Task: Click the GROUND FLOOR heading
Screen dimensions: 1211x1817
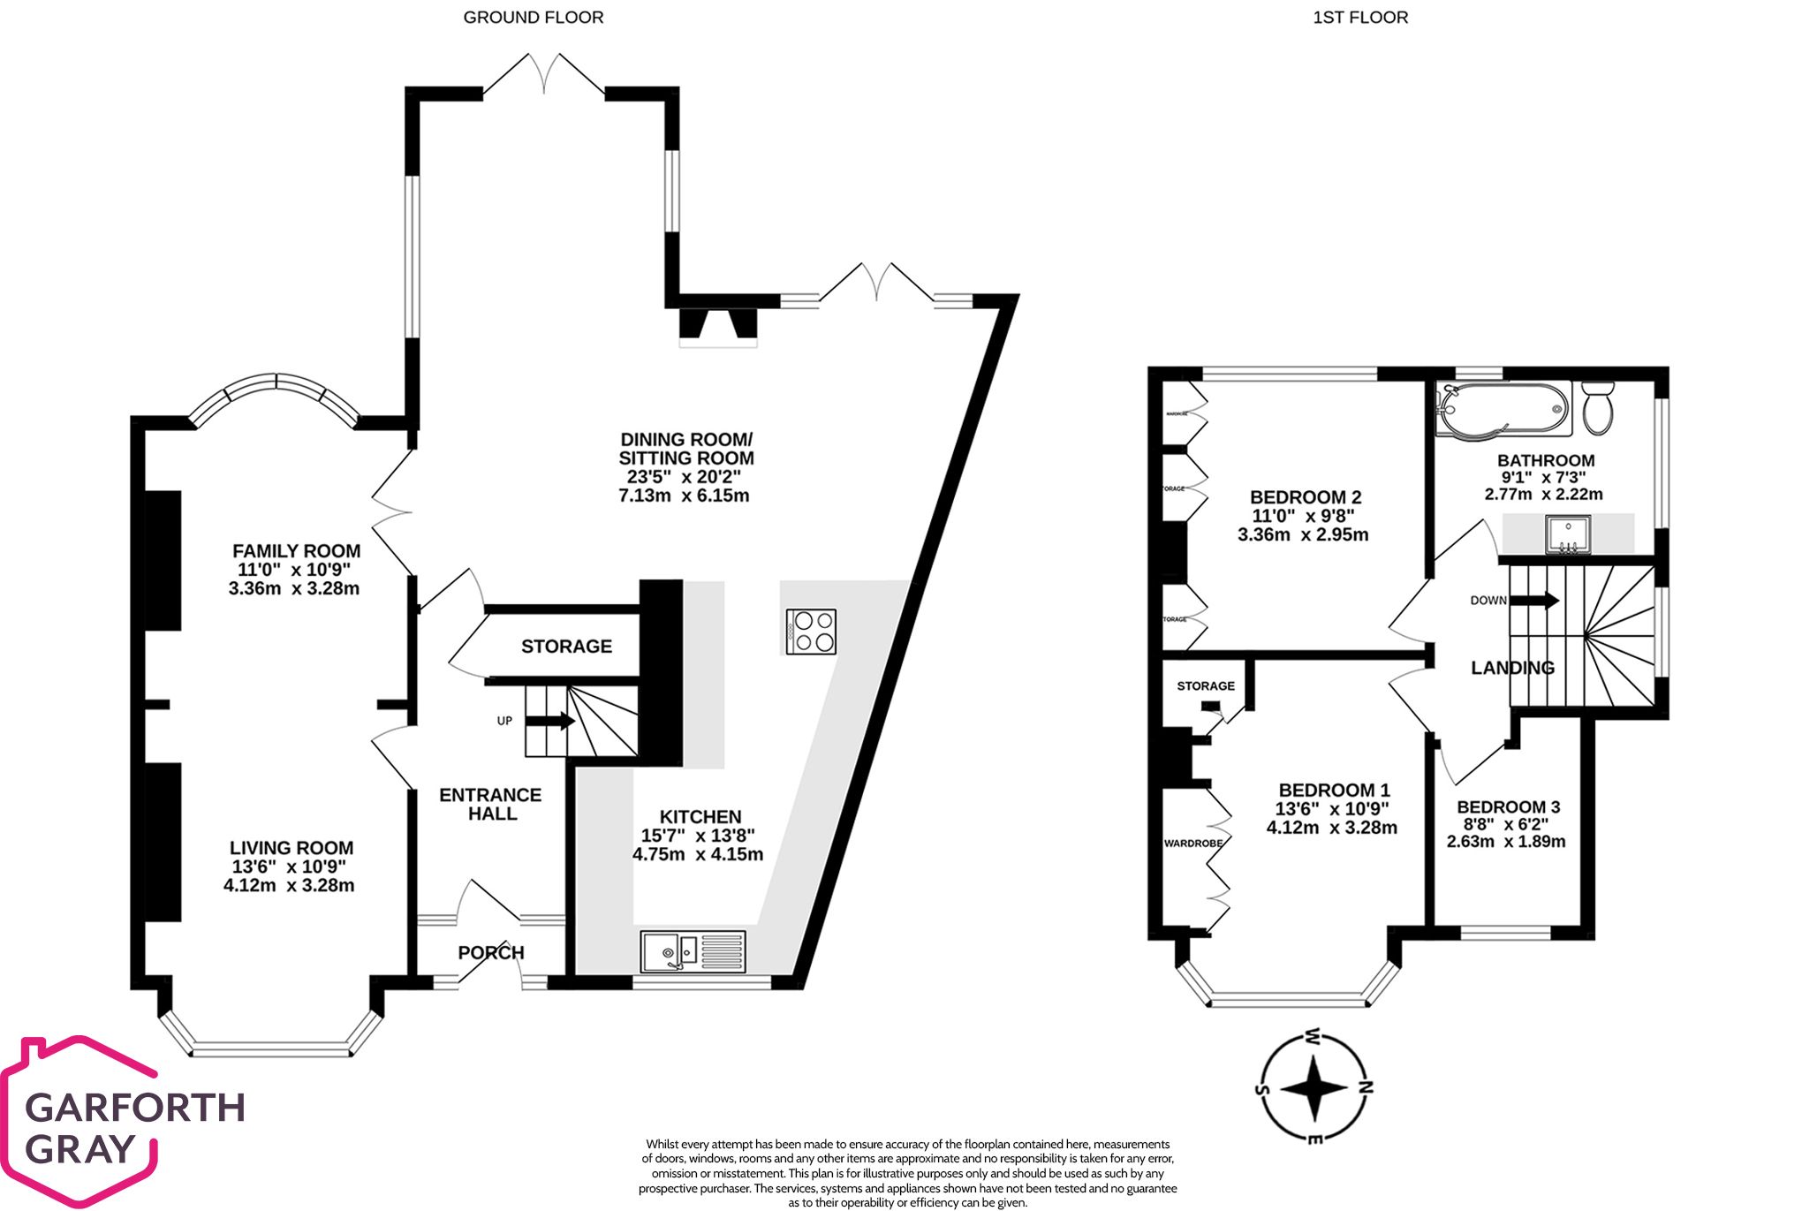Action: tap(533, 18)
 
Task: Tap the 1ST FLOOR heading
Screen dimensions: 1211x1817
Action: tap(1359, 18)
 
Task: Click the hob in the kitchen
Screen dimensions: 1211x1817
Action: tap(810, 632)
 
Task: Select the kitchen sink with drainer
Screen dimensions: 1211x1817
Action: tap(693, 952)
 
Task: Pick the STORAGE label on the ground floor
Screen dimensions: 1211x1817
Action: tap(566, 647)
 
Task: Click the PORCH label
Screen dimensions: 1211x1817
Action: tap(491, 952)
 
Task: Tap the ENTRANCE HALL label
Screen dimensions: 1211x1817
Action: tap(490, 804)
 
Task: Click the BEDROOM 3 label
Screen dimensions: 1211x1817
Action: tap(1508, 806)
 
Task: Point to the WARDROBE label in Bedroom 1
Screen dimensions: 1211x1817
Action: tap(1192, 843)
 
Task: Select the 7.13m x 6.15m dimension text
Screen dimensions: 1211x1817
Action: tap(684, 496)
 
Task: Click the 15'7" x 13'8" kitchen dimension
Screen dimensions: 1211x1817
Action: tap(698, 836)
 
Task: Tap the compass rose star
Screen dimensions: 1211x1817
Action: tap(1314, 1088)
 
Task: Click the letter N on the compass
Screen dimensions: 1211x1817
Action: tap(1365, 1087)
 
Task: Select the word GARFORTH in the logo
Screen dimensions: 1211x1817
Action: tap(134, 1107)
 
